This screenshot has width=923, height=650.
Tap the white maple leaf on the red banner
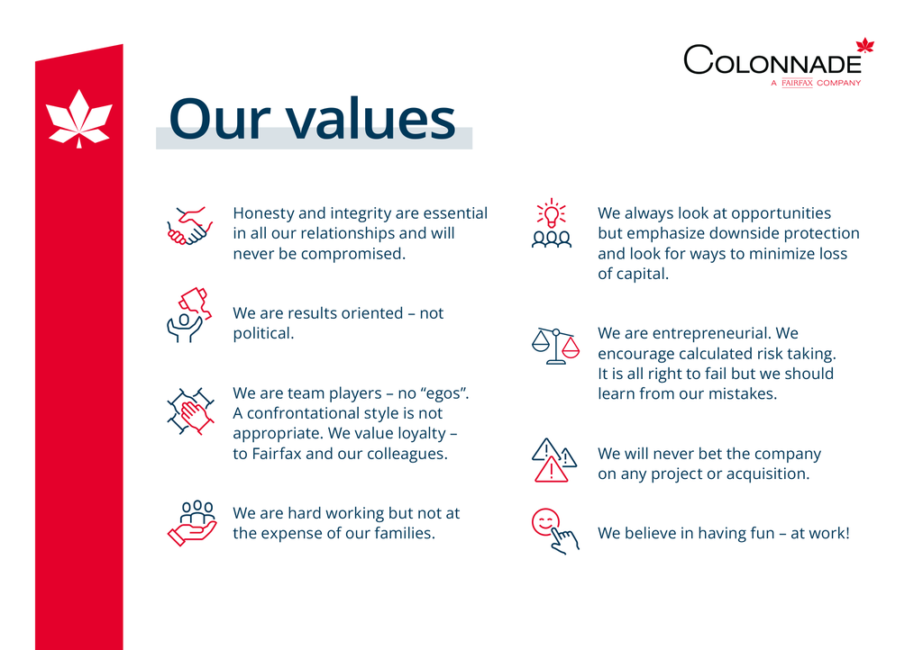pos(79,120)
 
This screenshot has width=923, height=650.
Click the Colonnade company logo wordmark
pos(772,60)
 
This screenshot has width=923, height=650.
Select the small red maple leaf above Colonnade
pos(864,45)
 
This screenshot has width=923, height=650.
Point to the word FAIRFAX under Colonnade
pos(797,83)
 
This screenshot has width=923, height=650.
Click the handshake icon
pos(189,226)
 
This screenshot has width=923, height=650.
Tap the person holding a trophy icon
pos(189,315)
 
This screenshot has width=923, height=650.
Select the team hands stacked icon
pos(190,411)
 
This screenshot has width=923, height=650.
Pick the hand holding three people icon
pos(193,523)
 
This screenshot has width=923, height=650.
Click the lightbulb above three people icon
pos(552,222)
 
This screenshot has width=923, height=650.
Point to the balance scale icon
pos(555,347)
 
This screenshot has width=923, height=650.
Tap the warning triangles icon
pos(554,460)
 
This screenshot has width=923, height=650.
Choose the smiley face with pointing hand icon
pos(555,531)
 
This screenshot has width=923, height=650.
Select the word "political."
pos(263,333)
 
